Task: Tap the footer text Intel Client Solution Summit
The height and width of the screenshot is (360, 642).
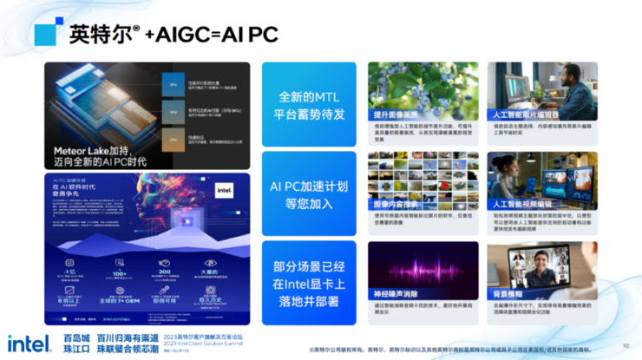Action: pyautogui.click(x=205, y=344)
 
